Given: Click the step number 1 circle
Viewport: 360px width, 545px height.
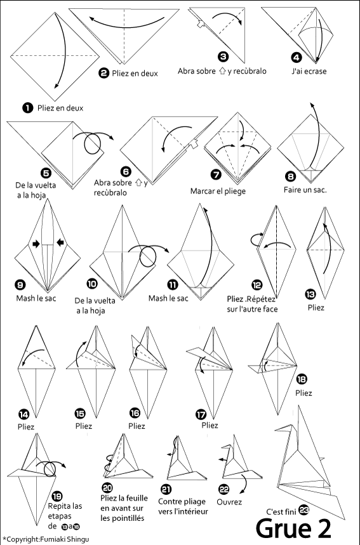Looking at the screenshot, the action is [x=27, y=108].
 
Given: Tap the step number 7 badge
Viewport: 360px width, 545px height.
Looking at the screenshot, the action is [x=217, y=174].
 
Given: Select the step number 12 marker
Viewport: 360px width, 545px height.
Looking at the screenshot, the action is [x=257, y=286].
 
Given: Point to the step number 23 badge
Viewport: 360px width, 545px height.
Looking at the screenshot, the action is [x=303, y=510].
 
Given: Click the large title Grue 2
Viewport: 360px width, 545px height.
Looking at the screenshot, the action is [x=293, y=529].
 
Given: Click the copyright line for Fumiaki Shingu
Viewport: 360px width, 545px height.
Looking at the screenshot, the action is [x=46, y=539].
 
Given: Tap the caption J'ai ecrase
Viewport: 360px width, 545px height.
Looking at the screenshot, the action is [x=309, y=71].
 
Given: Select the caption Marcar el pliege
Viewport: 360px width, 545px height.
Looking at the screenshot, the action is [x=218, y=191].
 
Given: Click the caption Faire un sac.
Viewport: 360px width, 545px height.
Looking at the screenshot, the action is [x=305, y=190].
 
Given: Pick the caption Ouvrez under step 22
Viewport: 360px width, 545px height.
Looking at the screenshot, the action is [x=229, y=502].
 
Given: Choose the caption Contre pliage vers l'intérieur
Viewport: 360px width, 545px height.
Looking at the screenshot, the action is [x=183, y=506].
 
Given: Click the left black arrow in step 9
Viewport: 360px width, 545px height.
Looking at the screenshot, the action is [x=36, y=244].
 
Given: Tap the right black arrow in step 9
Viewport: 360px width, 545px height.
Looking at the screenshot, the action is [x=60, y=242].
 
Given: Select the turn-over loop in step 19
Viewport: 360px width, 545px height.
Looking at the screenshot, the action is [x=50, y=469].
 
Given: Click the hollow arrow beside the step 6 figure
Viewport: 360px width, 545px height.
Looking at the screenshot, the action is [x=192, y=143].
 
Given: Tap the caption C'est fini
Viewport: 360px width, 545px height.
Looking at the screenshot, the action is [x=281, y=511].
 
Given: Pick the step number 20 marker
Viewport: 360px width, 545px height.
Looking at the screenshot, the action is [x=107, y=488].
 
